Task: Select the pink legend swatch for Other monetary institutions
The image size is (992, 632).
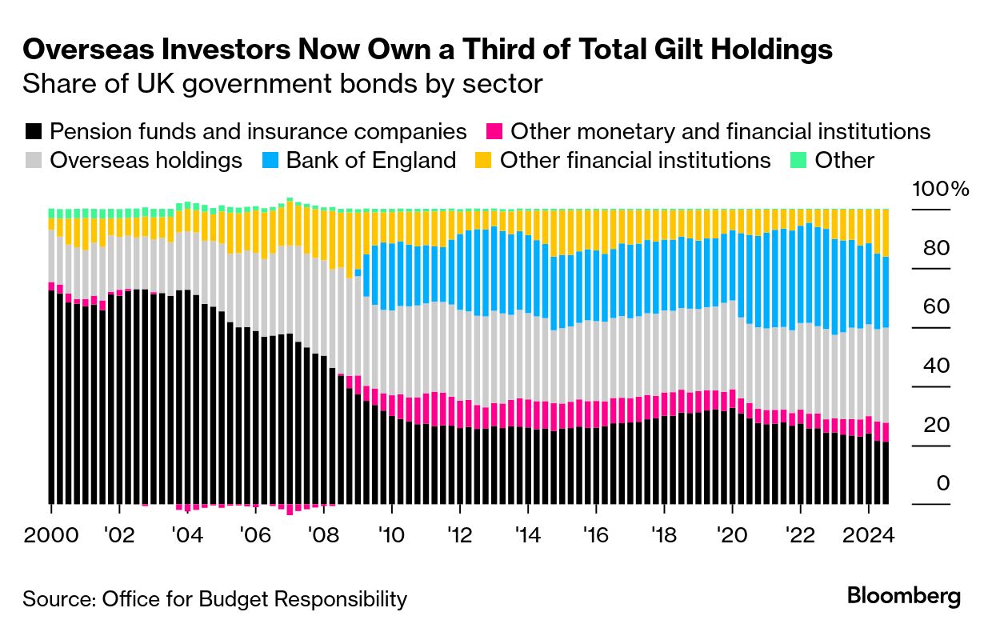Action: tap(494, 132)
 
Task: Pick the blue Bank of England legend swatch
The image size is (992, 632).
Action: tap(270, 161)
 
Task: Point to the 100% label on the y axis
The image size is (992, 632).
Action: tap(940, 190)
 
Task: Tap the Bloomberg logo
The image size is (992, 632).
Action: tap(904, 596)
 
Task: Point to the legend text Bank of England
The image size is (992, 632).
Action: tap(371, 161)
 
